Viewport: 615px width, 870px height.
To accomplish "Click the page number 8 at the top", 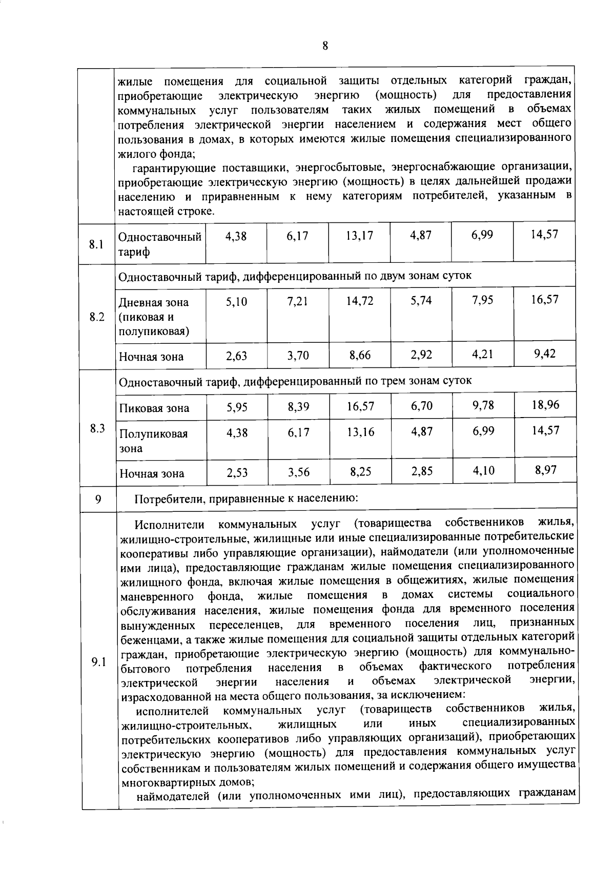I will click(x=325, y=46).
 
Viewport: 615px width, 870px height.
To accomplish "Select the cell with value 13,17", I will click(x=359, y=236).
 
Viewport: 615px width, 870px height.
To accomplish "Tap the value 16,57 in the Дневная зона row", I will click(x=544, y=300).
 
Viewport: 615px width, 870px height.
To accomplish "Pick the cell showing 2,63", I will click(x=236, y=356).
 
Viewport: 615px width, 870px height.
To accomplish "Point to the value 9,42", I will click(x=544, y=354).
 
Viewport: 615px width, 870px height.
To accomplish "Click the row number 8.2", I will click(x=97, y=317).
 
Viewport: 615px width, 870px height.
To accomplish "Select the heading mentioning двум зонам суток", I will click(x=295, y=276).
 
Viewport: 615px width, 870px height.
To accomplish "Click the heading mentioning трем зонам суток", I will click(x=295, y=381).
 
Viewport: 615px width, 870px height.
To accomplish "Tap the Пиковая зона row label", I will click(x=154, y=408).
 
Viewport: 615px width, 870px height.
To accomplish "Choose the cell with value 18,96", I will click(x=545, y=405).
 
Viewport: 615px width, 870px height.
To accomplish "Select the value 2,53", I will click(x=237, y=472).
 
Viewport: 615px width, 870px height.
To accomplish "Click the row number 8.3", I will click(x=97, y=428).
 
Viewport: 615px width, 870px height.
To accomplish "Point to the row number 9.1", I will click(x=98, y=662).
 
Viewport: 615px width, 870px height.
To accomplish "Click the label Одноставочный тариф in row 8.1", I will click(x=159, y=244).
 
